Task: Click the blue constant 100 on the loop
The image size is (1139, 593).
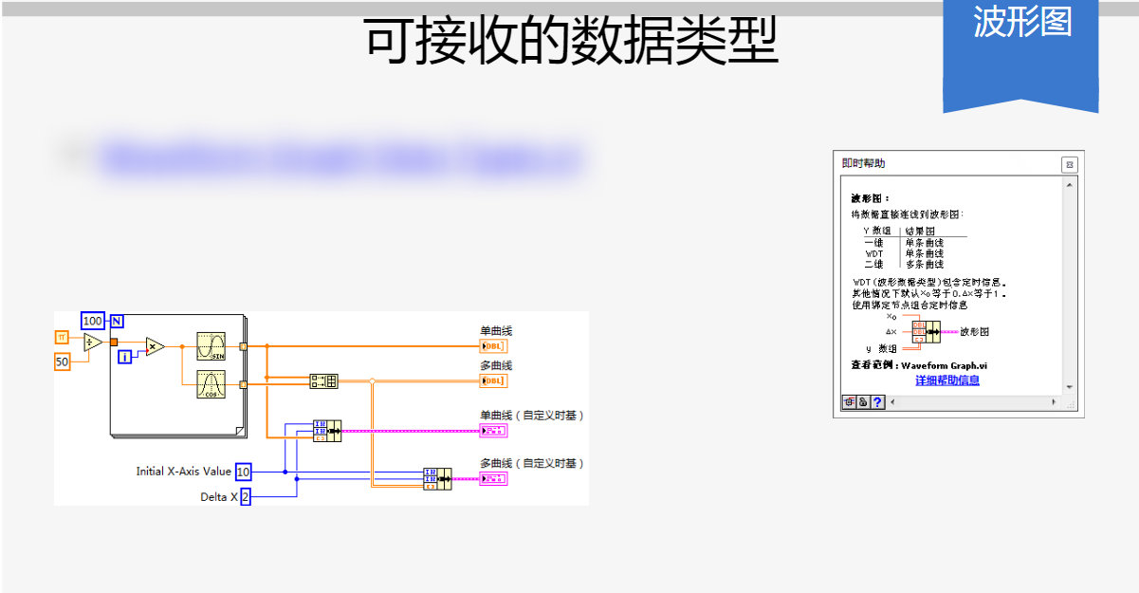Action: pyautogui.click(x=93, y=321)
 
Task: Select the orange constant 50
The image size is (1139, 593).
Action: pyautogui.click(x=62, y=361)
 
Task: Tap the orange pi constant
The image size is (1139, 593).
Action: pyautogui.click(x=62, y=337)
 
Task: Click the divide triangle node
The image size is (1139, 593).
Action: pyautogui.click(x=92, y=343)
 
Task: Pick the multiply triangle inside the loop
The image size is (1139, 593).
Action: pyautogui.click(x=155, y=347)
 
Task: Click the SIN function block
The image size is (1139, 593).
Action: pyautogui.click(x=211, y=346)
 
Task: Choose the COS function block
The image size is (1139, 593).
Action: pyautogui.click(x=211, y=384)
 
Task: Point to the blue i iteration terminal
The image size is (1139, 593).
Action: pyautogui.click(x=124, y=357)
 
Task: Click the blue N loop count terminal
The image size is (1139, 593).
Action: pyautogui.click(x=117, y=320)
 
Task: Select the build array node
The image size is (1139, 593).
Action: pyautogui.click(x=323, y=380)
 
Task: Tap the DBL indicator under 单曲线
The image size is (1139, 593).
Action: pyautogui.click(x=493, y=346)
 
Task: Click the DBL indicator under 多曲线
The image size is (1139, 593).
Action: pyautogui.click(x=493, y=380)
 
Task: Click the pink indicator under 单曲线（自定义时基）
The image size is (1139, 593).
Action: pyautogui.click(x=493, y=431)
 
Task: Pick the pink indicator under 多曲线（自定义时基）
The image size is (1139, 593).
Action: pyautogui.click(x=493, y=478)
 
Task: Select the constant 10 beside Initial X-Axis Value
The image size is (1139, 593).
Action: pyautogui.click(x=244, y=472)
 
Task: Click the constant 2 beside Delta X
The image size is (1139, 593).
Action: pyautogui.click(x=245, y=497)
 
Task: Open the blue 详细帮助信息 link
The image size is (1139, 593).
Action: pyautogui.click(x=946, y=380)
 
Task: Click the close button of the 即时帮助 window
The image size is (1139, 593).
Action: pyautogui.click(x=1069, y=165)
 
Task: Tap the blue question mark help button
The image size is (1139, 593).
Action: pyautogui.click(x=877, y=402)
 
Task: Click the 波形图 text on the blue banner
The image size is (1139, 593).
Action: pyautogui.click(x=1021, y=23)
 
